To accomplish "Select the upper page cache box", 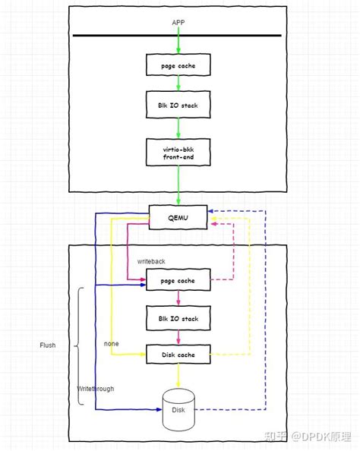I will point(178,65).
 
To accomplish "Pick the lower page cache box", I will point(178,280).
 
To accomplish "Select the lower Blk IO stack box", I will point(178,318).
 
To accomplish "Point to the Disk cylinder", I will point(178,409).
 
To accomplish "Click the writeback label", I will point(152,260).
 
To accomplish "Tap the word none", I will point(111,344).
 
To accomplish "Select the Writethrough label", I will point(96,389).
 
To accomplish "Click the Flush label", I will point(48,345).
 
